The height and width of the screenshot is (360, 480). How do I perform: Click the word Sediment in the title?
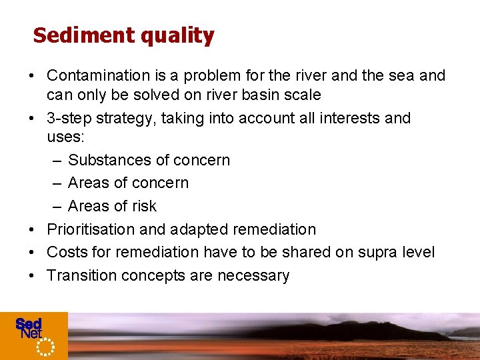tap(83, 35)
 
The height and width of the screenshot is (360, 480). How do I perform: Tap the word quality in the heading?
tap(177, 36)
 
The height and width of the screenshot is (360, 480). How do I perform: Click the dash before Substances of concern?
tap(57, 161)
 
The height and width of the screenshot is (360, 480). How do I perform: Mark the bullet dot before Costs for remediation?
tap(32, 253)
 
